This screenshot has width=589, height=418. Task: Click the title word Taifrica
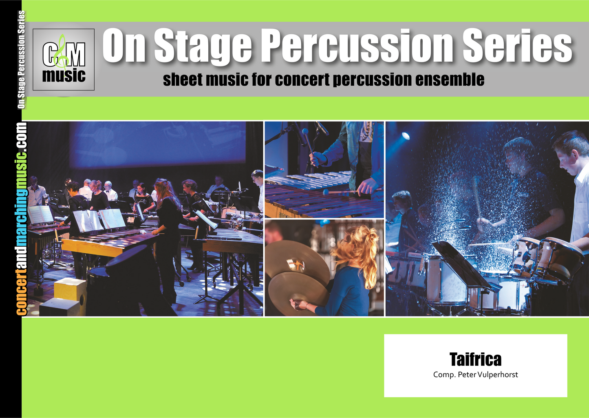(475, 359)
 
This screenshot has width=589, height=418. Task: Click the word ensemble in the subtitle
(450, 79)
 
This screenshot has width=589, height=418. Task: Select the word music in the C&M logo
(64, 75)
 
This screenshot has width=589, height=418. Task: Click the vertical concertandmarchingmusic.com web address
(22, 219)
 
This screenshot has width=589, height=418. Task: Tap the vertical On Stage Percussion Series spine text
(22, 60)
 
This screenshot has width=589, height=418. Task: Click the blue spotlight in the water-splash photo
(406, 136)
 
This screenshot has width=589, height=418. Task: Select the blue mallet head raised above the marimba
(305, 131)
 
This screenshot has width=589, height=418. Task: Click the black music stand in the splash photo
(462, 263)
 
